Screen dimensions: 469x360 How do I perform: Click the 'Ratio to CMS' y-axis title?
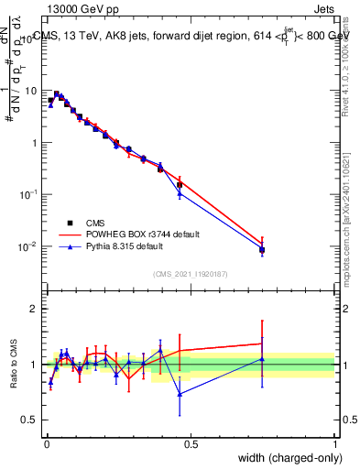14,365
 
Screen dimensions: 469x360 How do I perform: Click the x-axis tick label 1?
334,444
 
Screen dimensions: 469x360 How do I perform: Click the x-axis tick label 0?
46,444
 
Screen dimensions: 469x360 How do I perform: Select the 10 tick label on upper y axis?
30,92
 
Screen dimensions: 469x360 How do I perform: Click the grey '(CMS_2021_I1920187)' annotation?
190,273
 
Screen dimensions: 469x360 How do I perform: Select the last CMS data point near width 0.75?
262,249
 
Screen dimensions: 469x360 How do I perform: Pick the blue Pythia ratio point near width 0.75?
262,359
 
